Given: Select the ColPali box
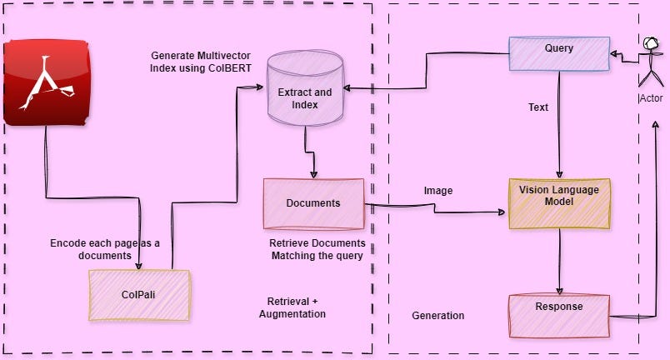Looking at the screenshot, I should tap(139, 295).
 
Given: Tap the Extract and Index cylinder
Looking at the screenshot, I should tap(305, 92).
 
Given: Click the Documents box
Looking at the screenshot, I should tap(313, 203).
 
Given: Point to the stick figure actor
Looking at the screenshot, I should tap(650, 62).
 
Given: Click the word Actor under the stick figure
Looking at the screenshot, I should tap(651, 98).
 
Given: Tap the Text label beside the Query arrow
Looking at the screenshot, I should tap(538, 107).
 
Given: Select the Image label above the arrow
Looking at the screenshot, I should tap(438, 191).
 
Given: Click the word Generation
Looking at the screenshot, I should tap(438, 316).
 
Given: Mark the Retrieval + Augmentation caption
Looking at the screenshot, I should tap(292, 307).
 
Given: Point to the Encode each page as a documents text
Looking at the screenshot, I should tap(104, 249).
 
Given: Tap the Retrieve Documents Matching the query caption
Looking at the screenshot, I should tap(317, 249).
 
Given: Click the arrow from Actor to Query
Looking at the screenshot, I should tap(623, 55).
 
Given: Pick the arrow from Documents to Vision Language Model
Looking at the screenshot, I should tap(433, 208).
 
